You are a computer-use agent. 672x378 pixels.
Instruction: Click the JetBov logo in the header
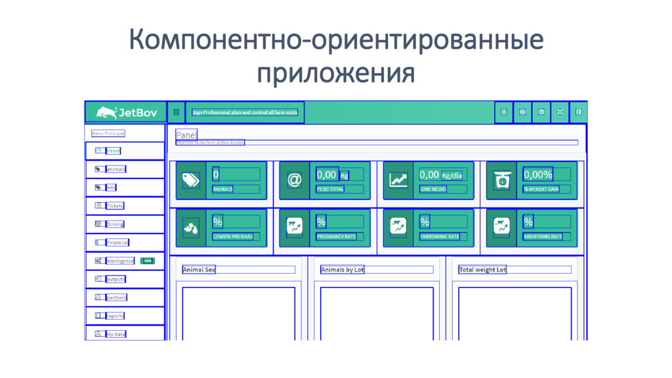[127, 112]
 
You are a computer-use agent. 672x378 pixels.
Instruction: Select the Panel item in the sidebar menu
[114, 151]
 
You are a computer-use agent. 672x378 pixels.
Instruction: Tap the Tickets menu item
[115, 206]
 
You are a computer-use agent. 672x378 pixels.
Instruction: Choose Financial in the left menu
[117, 243]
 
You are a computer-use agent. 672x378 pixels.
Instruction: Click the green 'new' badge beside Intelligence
[148, 261]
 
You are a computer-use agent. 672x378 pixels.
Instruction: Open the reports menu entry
[115, 316]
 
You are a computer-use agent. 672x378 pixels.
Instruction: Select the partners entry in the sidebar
[116, 298]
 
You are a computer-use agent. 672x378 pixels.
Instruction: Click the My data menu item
[115, 335]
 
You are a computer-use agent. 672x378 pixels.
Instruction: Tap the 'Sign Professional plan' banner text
[245, 112]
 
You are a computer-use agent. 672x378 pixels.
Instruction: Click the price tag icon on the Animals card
[190, 180]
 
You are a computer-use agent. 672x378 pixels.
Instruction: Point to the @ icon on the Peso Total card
[295, 180]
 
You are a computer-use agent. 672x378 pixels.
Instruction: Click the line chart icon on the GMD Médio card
[398, 180]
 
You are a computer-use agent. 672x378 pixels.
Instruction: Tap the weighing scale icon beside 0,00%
[502, 180]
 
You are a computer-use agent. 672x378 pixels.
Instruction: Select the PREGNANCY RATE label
[336, 236]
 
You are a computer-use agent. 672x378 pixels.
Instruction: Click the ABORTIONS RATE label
[543, 236]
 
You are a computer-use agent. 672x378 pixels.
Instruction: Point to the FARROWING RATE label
[440, 236]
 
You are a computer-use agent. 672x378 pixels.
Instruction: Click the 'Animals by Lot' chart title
[342, 270]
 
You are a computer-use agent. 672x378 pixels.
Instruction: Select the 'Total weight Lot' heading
[482, 270]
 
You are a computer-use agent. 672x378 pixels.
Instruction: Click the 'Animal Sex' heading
[199, 270]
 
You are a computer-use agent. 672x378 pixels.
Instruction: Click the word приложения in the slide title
[335, 72]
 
